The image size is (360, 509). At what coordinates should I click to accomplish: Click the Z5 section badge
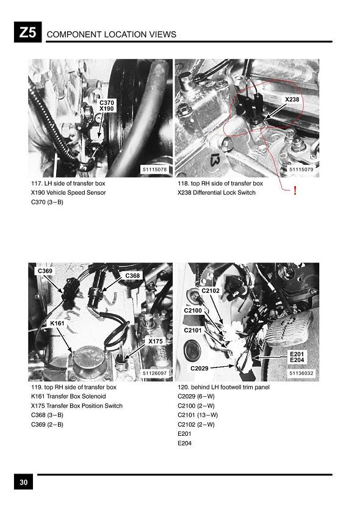click(27, 32)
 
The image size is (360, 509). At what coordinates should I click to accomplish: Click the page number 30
click(23, 482)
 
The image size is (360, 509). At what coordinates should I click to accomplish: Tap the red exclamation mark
click(295, 190)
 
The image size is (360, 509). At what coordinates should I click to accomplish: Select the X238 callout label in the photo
click(292, 99)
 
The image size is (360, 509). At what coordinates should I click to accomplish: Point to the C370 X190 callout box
click(106, 106)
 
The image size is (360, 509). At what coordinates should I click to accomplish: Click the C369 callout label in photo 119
click(45, 271)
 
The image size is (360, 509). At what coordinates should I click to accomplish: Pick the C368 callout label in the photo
click(132, 276)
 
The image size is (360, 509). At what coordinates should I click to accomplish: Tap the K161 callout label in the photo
click(57, 323)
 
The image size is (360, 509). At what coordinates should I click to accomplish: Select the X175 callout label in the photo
click(156, 341)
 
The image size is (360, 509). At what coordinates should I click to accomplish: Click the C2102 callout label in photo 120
click(211, 291)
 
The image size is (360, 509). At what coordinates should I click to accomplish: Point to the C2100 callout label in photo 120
click(193, 310)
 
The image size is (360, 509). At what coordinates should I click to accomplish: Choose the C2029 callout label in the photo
click(200, 368)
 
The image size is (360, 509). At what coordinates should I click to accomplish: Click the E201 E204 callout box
click(297, 357)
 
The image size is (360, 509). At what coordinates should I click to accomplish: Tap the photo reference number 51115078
click(155, 170)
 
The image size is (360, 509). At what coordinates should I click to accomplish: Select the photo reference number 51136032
click(301, 374)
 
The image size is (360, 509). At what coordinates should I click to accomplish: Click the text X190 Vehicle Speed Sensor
click(68, 192)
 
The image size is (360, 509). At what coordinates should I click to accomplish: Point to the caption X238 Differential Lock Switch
click(217, 192)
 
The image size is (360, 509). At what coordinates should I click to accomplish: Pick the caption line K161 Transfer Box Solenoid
click(68, 396)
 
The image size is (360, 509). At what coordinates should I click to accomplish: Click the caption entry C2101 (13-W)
click(198, 415)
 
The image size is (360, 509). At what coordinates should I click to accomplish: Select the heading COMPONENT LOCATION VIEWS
click(112, 34)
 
